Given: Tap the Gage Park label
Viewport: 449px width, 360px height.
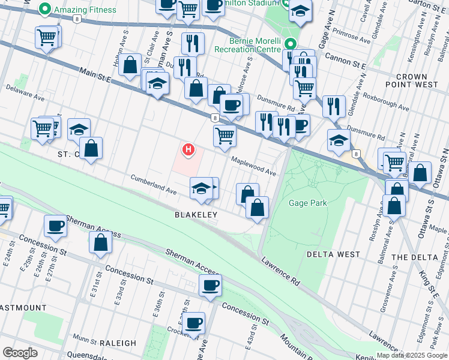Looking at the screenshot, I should pos(307,203).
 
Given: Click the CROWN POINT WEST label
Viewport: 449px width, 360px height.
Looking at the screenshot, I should pos(420,81).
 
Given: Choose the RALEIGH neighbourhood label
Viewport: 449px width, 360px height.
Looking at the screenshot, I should pos(118,343).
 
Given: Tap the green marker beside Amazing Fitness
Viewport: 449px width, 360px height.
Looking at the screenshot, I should pos(44,10).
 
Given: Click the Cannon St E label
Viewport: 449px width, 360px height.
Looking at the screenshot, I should pos(345,59).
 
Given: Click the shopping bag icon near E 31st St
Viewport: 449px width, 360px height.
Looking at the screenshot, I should pos(100,242).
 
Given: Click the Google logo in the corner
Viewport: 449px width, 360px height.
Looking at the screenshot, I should pos(20,353).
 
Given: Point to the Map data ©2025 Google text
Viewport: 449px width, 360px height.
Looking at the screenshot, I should pos(411,355).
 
